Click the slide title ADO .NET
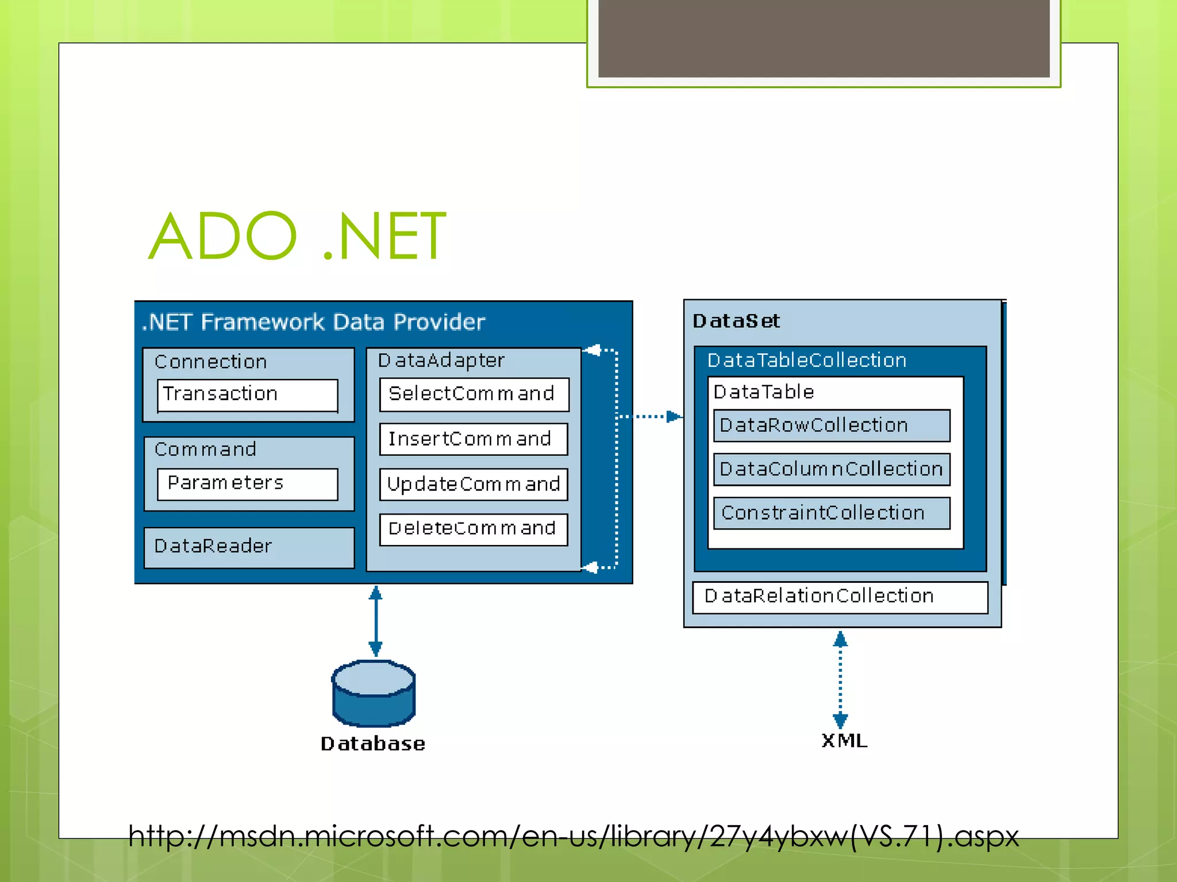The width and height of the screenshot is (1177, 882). point(297,236)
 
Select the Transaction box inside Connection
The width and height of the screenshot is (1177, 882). point(248,394)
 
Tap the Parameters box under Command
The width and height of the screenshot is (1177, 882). point(248,483)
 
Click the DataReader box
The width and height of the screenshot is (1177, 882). point(249,547)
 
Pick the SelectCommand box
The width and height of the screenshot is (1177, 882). point(474,394)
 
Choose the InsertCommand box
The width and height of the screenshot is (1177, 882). point(474,439)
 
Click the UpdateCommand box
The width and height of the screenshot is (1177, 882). point(474,484)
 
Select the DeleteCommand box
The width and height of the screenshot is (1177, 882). point(474,529)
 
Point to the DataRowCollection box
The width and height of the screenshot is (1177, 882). point(831,425)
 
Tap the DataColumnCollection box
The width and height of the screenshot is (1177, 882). point(831,469)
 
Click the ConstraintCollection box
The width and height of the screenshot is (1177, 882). point(831,513)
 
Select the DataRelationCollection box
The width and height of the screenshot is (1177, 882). point(840,597)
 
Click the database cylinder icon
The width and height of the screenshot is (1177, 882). point(374,694)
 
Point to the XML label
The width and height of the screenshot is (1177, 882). point(844,741)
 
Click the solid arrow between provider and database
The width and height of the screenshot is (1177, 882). point(375,621)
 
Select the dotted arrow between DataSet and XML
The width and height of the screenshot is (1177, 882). point(840,680)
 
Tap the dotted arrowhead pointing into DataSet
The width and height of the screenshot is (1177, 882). point(673,416)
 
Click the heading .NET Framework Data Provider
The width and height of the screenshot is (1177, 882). point(314,322)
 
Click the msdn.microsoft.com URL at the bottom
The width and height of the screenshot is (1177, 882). point(572,836)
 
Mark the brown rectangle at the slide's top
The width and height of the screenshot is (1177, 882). point(824,38)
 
